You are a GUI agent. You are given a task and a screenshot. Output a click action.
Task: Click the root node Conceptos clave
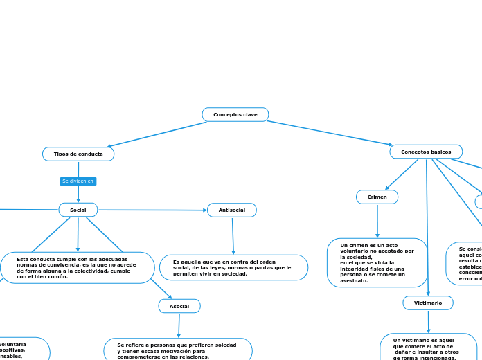(x=235, y=114)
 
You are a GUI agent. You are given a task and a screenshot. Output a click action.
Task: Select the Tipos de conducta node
(x=78, y=154)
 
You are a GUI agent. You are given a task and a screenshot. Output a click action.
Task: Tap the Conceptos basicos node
(x=426, y=152)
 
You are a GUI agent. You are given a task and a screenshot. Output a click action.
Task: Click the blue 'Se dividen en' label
(x=78, y=181)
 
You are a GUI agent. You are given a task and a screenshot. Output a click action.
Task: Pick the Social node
(x=78, y=210)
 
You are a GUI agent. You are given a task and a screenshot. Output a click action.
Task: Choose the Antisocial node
(x=232, y=210)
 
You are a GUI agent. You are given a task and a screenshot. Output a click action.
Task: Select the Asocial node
(x=179, y=306)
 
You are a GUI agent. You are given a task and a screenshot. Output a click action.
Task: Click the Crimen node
(x=377, y=197)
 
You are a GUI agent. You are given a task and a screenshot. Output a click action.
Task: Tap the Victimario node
(x=428, y=303)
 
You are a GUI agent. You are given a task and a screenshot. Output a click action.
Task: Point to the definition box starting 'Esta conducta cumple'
(x=77, y=268)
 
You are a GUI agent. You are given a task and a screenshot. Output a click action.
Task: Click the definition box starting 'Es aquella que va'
(x=233, y=267)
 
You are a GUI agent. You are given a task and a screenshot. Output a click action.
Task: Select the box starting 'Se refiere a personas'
(x=178, y=350)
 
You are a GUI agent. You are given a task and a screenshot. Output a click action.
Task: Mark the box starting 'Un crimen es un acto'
(x=377, y=262)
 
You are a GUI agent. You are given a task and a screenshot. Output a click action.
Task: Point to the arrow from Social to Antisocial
(x=152, y=210)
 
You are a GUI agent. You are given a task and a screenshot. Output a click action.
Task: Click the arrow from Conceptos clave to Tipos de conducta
(x=157, y=134)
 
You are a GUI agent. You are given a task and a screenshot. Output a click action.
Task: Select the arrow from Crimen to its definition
(x=377, y=222)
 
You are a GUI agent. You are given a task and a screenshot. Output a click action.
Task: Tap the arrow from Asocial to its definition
(x=179, y=325)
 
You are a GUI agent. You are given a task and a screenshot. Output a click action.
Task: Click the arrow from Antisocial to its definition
(x=233, y=236)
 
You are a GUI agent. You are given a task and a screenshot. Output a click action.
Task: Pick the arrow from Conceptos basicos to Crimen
(x=402, y=174)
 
